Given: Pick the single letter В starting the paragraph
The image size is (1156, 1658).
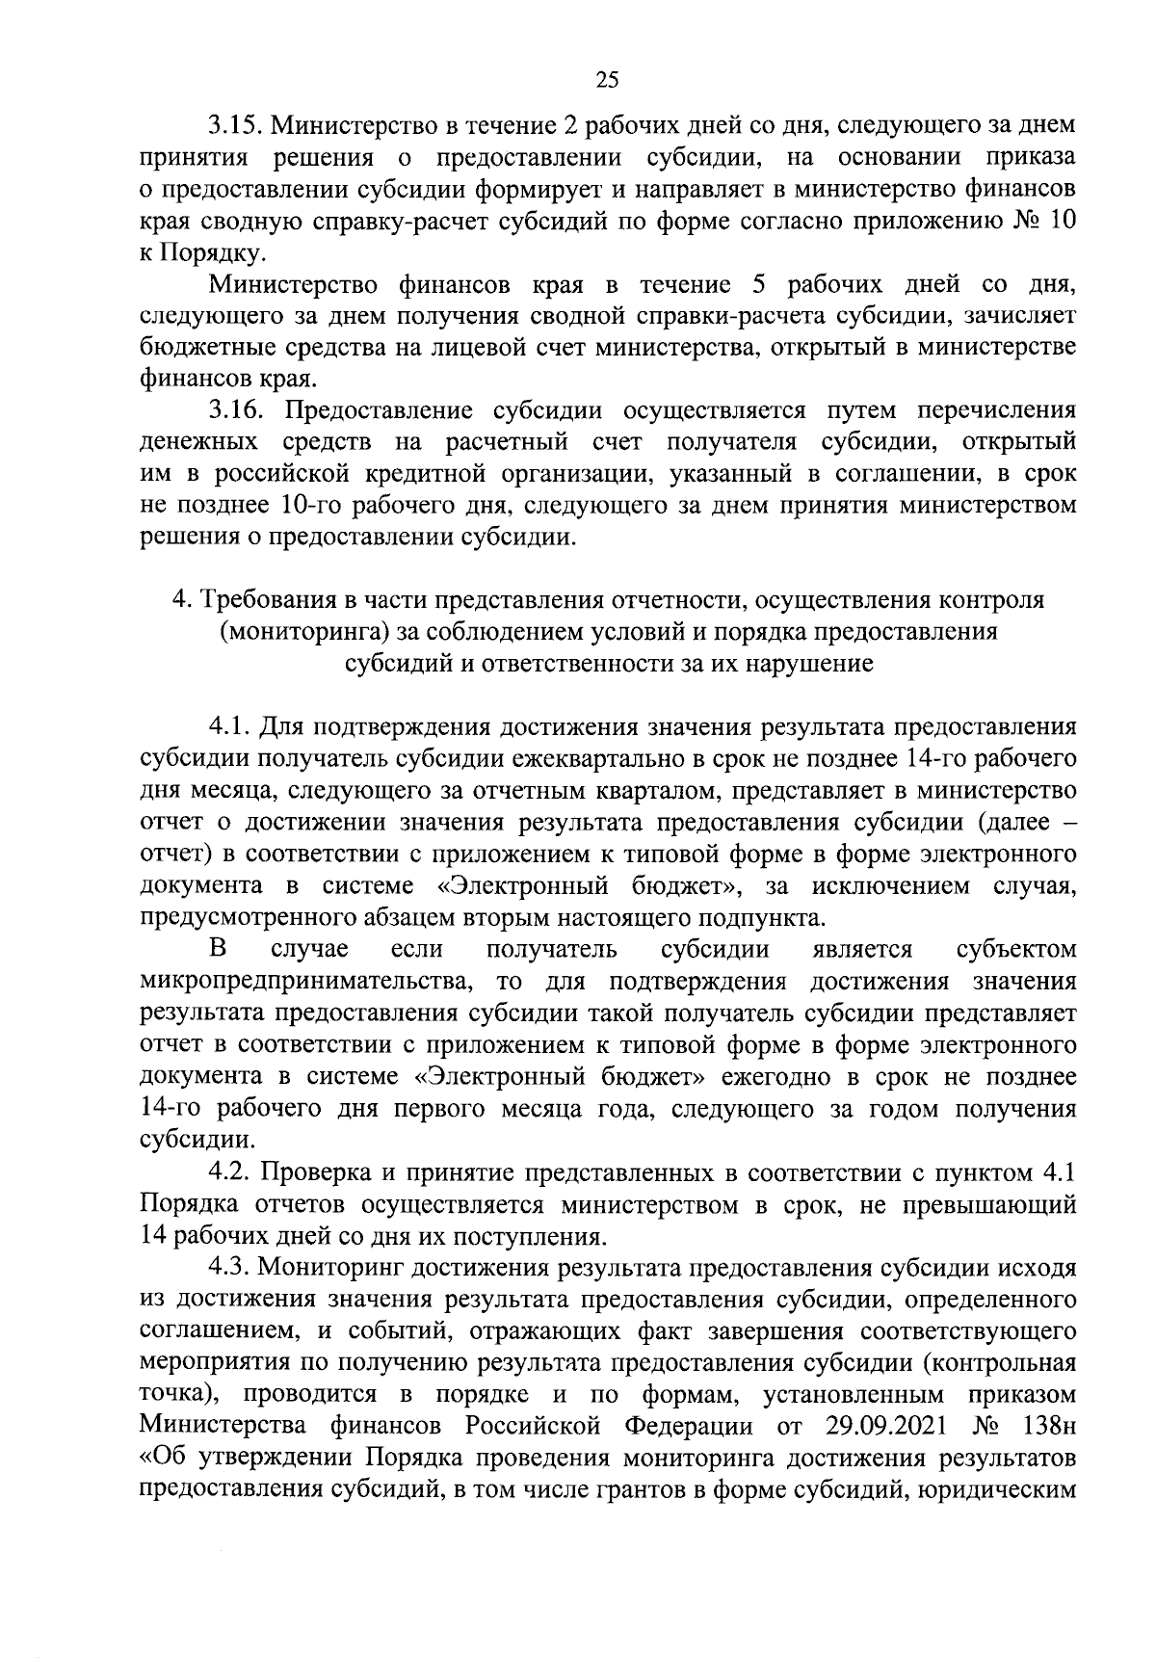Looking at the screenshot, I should point(219,949).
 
